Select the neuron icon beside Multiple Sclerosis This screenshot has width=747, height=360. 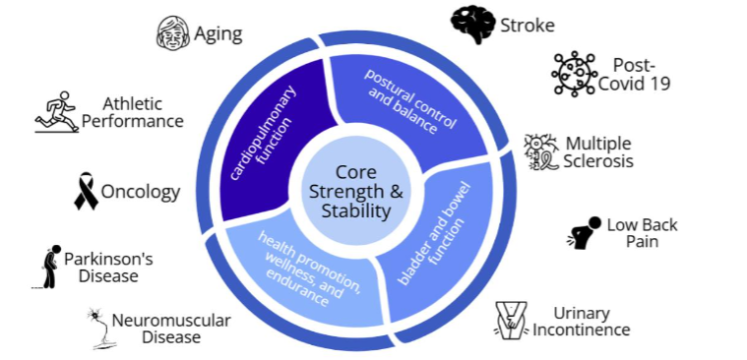point(541,151)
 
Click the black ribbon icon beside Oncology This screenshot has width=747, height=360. point(87,191)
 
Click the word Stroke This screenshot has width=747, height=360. point(527,25)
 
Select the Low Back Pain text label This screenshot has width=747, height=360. point(641,233)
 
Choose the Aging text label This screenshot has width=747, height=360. point(218,34)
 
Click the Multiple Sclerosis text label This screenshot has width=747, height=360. point(598,151)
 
